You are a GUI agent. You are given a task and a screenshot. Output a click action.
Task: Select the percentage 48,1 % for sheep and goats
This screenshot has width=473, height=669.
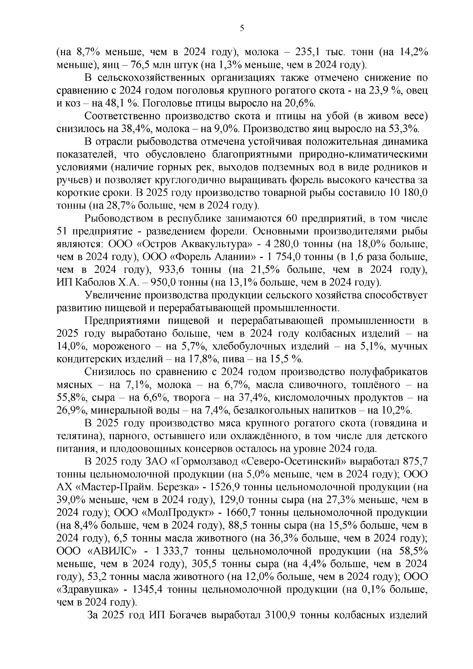point(115,103)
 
